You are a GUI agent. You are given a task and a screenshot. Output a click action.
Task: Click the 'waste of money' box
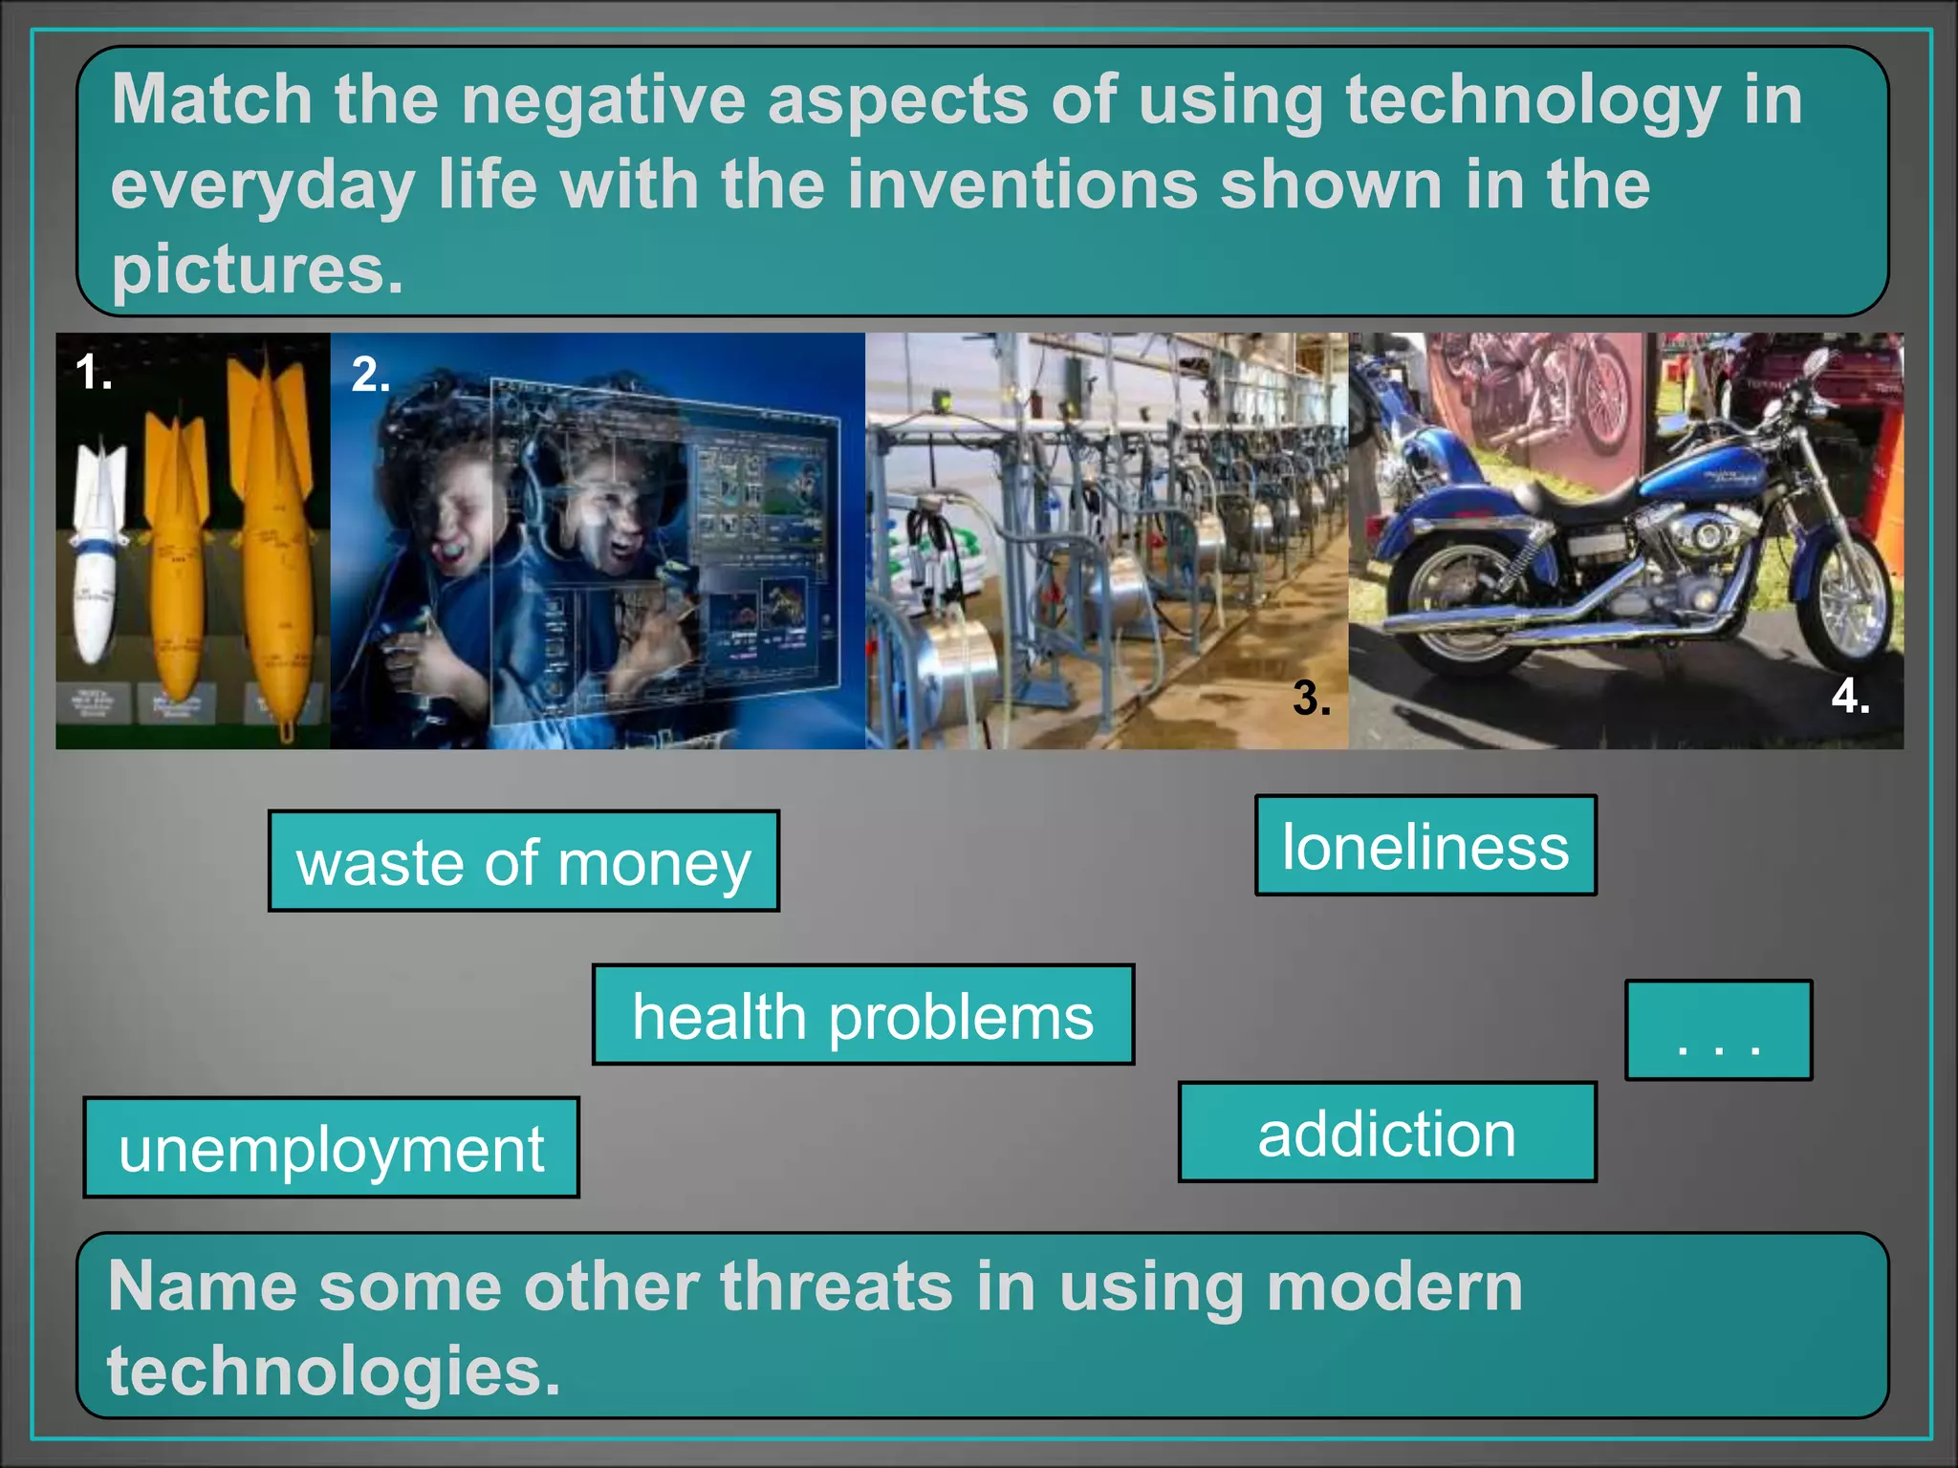[x=523, y=861]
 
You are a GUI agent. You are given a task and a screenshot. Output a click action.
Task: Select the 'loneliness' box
[x=1425, y=846]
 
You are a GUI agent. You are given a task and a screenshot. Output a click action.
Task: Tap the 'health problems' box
[x=862, y=1014]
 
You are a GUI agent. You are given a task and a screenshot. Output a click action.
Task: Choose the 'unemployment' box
[x=331, y=1147]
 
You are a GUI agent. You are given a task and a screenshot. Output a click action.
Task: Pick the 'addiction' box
[x=1386, y=1133]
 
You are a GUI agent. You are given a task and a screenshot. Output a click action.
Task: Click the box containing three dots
[x=1718, y=1030]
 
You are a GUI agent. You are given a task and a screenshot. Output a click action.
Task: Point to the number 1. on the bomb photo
[x=94, y=372]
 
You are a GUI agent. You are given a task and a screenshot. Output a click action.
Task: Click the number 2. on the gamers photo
[x=371, y=374]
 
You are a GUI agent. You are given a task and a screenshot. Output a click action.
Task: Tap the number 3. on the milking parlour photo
[x=1311, y=698]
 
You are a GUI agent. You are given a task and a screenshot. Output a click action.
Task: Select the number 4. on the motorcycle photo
[x=1850, y=696]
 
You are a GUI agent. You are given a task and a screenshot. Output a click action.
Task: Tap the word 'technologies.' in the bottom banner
[x=333, y=1370]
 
